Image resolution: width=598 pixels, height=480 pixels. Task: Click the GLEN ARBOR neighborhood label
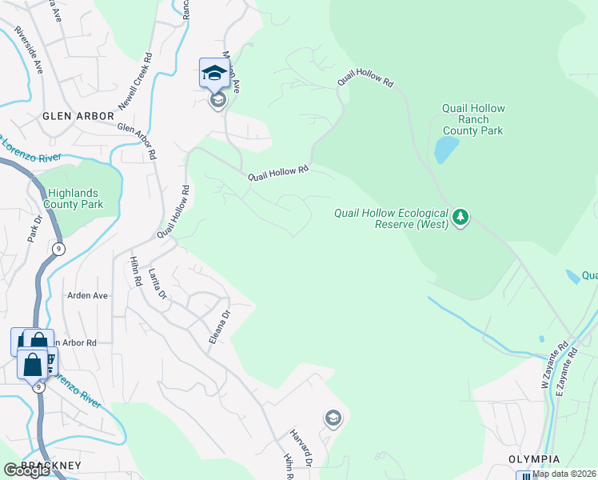click(x=78, y=116)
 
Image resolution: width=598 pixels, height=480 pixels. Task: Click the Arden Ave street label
click(x=87, y=295)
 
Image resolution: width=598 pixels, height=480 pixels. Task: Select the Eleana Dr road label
click(x=219, y=327)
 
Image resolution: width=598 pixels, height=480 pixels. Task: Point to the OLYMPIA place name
click(x=534, y=459)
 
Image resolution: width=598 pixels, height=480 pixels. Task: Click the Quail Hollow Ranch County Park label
click(x=474, y=119)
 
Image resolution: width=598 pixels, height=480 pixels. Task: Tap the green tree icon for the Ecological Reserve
click(x=460, y=217)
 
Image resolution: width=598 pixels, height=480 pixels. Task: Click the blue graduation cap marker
click(x=214, y=74)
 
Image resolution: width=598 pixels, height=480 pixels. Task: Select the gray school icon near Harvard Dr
click(x=333, y=418)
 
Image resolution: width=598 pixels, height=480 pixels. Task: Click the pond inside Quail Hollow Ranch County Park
click(x=445, y=150)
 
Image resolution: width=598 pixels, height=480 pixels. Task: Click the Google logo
click(x=26, y=471)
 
